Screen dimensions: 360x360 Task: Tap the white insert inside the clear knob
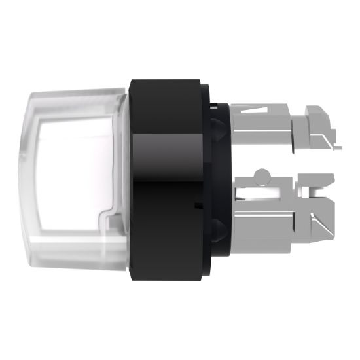pyautogui.click(x=72, y=177)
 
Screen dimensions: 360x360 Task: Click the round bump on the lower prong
pyautogui.click(x=262, y=175)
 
